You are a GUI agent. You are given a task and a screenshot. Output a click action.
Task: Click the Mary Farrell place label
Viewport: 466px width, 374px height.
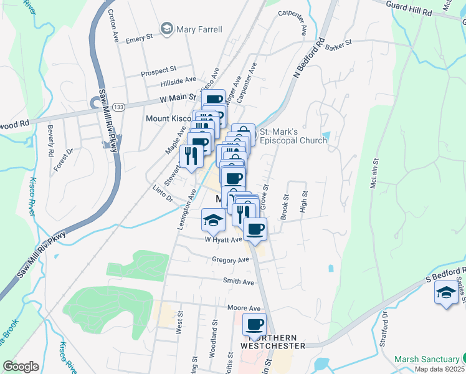coord(199,29)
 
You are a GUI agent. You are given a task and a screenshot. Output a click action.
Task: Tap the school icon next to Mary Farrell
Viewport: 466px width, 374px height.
coord(166,28)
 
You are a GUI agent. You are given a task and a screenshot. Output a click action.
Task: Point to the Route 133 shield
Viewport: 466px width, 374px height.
coord(119,107)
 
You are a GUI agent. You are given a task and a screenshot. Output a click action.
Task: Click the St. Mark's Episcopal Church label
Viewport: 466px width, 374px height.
coord(293,136)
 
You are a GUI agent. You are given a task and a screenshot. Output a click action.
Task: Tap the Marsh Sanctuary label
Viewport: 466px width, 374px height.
coord(427,359)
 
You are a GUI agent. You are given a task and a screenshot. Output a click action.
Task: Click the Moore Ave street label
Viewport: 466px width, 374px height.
coord(244,309)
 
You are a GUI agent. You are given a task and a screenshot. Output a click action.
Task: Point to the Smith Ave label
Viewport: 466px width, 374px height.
coord(239,282)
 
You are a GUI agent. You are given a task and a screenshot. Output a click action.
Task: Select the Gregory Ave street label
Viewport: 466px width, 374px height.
coord(230,260)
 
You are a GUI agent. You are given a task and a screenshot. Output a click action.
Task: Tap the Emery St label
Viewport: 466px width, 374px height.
coord(139,39)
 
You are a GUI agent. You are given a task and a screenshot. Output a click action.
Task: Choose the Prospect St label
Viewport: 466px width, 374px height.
coord(158,72)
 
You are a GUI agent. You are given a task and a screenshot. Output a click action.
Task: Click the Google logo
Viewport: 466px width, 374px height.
coord(21,367)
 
